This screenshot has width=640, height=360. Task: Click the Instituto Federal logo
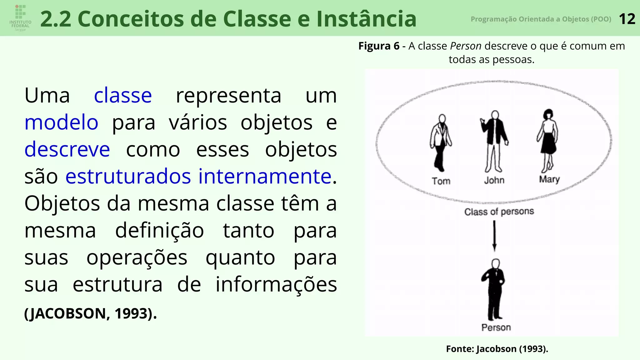pyautogui.click(x=20, y=18)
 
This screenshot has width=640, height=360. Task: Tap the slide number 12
pyautogui.click(x=627, y=19)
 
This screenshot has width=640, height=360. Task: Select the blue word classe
pyautogui.click(x=123, y=95)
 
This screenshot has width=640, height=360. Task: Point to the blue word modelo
pyautogui.click(x=61, y=122)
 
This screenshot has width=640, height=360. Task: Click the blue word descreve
pyautogui.click(x=67, y=149)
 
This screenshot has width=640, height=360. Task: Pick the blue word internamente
pyautogui.click(x=265, y=176)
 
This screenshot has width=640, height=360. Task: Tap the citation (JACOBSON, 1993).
pyautogui.click(x=91, y=313)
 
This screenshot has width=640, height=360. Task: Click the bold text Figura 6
pyautogui.click(x=379, y=46)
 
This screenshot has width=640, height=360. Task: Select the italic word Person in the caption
pyautogui.click(x=466, y=46)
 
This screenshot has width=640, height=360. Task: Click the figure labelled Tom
pyautogui.click(x=441, y=142)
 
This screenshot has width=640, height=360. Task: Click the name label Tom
pyautogui.click(x=441, y=181)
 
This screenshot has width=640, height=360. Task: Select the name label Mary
pyautogui.click(x=549, y=179)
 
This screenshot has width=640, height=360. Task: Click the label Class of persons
pyautogui.click(x=499, y=212)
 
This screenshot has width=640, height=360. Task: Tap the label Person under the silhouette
pyautogui.click(x=496, y=327)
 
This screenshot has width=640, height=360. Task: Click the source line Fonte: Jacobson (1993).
pyautogui.click(x=497, y=349)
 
